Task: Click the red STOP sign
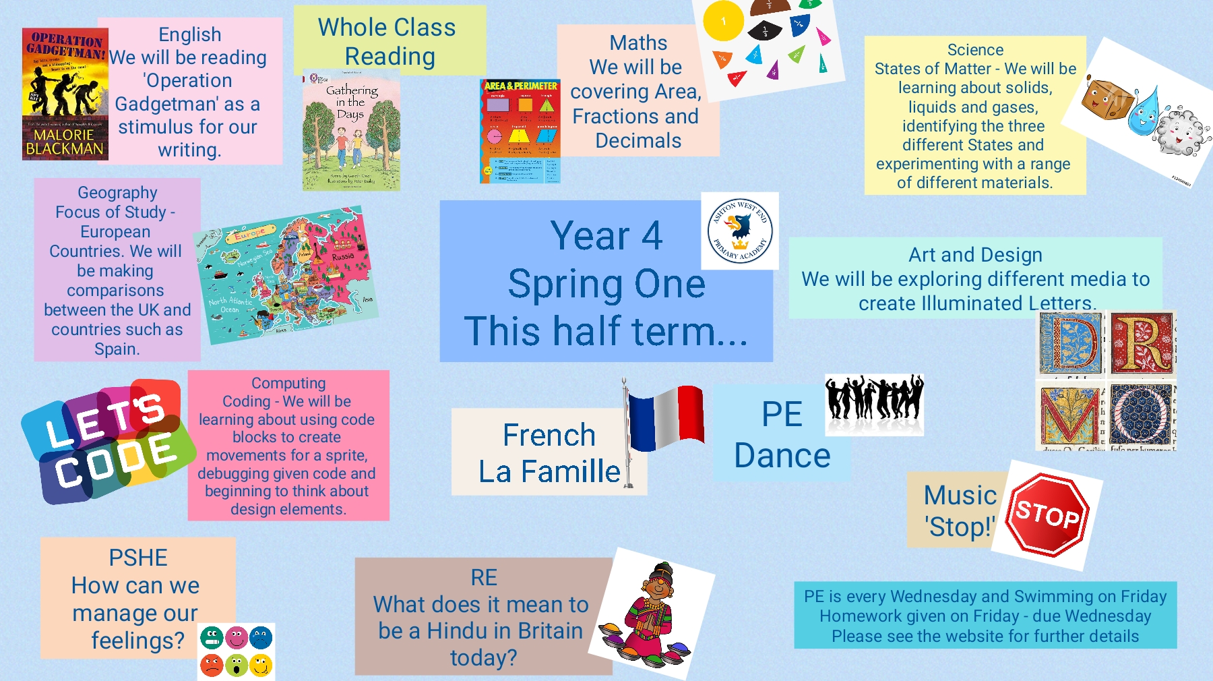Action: (x=1047, y=514)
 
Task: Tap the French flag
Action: (x=665, y=417)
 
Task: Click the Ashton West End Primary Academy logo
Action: (x=740, y=231)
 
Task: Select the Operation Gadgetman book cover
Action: (x=65, y=94)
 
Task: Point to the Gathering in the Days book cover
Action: (x=351, y=130)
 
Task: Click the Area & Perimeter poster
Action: (x=520, y=131)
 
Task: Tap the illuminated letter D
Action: (x=1070, y=344)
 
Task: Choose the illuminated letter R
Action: (x=1142, y=344)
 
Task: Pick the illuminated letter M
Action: (x=1070, y=415)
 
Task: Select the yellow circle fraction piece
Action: (x=723, y=21)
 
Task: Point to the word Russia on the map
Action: (x=342, y=257)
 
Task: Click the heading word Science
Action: (x=975, y=50)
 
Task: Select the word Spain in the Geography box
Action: (x=117, y=349)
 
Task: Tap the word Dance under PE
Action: (x=782, y=456)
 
